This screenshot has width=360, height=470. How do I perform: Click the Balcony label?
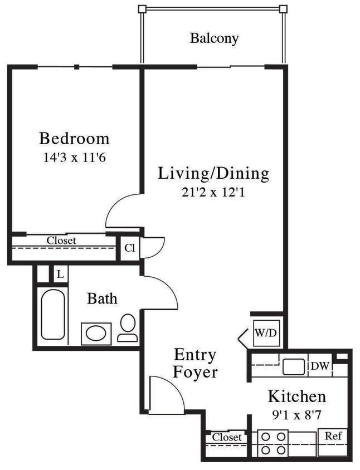coord(214,38)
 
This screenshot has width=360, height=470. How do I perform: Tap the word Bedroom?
coord(74,138)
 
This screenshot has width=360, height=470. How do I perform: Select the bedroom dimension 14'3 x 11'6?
coord(74,157)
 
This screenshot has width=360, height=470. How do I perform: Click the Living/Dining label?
coord(213,173)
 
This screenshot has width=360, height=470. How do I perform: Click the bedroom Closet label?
coord(61,241)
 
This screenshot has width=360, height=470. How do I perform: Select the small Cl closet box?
coord(129,248)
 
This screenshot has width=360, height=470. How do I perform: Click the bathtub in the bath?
coord(53,314)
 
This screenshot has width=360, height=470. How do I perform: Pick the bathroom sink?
coord(96,334)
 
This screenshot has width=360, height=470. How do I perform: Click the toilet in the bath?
coord(128,327)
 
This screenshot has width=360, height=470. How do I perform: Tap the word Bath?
coord(102,298)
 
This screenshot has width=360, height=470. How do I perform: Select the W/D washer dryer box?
coord(265,333)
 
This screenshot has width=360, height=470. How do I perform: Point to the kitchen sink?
coord(293,366)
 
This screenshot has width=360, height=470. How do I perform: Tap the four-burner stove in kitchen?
coord(274,443)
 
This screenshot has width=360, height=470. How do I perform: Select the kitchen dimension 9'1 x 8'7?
coord(296,415)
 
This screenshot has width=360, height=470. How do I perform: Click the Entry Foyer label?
coord(195,363)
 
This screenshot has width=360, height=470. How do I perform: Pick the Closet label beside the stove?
coord(227,437)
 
